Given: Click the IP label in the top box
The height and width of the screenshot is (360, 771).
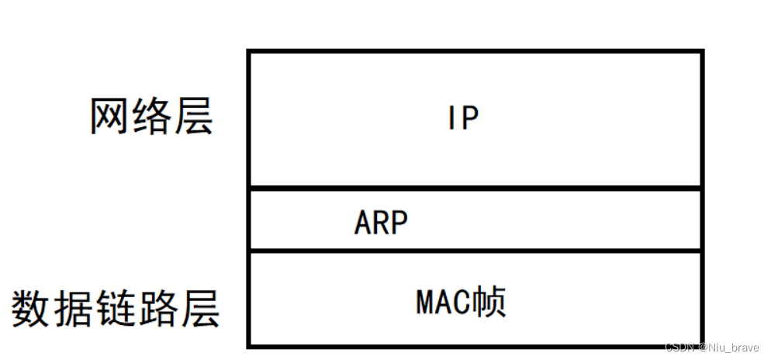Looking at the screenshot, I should [x=463, y=118].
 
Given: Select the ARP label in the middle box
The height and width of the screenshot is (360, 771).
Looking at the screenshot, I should [x=381, y=223].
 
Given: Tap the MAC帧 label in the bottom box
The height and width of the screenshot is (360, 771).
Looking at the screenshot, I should [x=461, y=300].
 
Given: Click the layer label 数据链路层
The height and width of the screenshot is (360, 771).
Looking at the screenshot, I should [x=116, y=309].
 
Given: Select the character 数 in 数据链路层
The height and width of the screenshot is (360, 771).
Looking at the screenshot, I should [x=32, y=309].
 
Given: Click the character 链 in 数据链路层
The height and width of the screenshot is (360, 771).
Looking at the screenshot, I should [x=116, y=309].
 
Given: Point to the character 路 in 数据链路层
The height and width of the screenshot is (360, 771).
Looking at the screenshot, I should [x=157, y=309].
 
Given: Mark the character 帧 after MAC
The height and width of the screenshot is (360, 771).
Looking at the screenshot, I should [x=492, y=300].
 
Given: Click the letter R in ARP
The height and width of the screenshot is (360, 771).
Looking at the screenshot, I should [x=381, y=223].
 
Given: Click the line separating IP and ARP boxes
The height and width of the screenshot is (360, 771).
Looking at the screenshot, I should [x=475, y=187].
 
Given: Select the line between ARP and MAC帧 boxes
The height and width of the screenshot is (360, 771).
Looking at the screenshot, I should [x=475, y=251].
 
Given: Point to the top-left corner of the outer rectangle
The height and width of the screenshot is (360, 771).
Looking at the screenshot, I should [x=249, y=51].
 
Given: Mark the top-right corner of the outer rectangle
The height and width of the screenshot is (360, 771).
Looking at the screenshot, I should [x=702, y=51].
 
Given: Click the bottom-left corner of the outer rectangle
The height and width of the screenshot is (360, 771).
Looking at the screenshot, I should [x=249, y=345].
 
